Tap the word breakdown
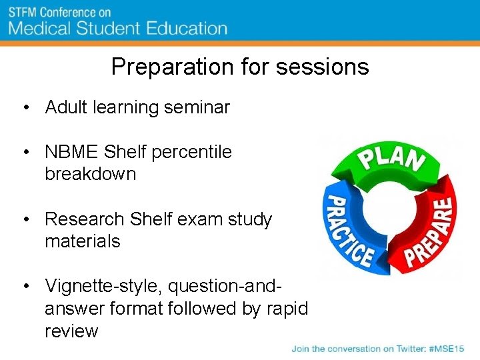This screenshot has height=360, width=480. tap(90, 175)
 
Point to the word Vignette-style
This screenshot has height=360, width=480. tap(103, 287)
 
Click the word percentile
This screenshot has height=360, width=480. tap(192, 152)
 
